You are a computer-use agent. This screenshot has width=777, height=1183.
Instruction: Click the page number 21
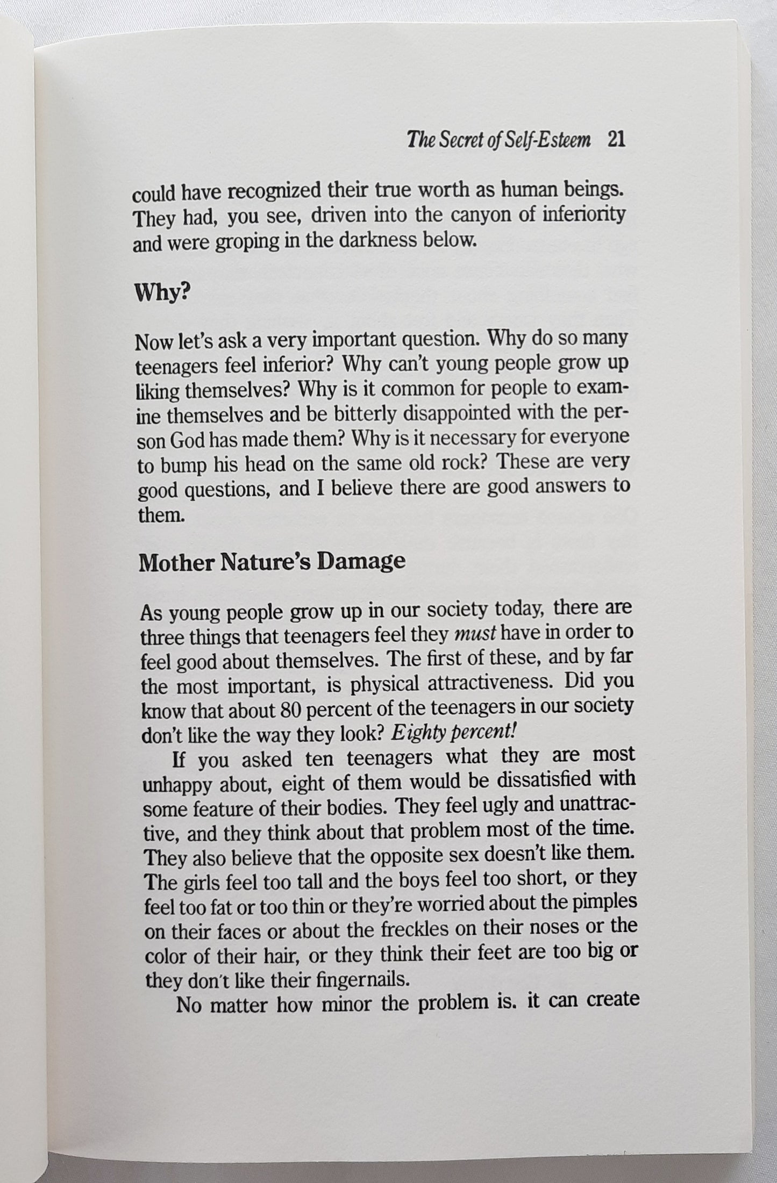point(615,140)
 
